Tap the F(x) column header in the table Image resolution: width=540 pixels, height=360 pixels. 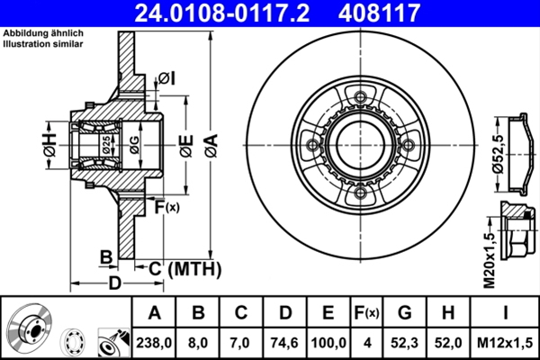click(x=367, y=313)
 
